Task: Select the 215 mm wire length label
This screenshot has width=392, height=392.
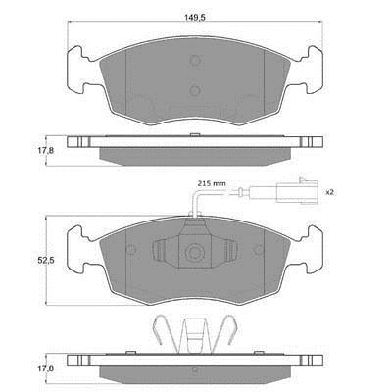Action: (212, 183)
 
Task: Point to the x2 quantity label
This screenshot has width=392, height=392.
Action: (329, 192)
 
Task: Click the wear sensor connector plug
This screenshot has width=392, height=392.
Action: (297, 190)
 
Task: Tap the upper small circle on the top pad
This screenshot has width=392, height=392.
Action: (195, 60)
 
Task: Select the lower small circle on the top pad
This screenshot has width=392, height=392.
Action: (195, 90)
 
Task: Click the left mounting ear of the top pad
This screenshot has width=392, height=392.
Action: (78, 70)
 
